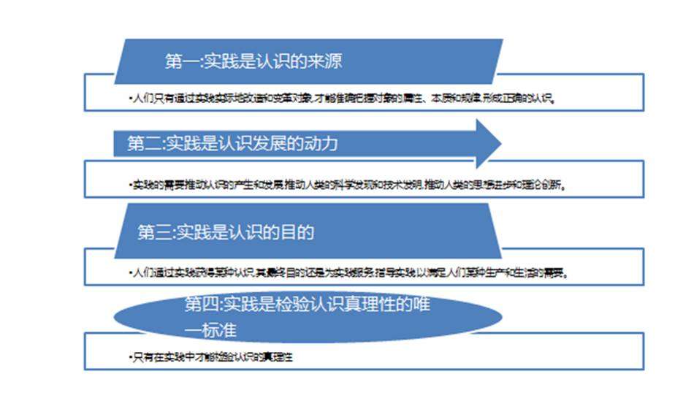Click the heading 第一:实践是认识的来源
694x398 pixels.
point(253,61)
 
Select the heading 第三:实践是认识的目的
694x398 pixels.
point(226,233)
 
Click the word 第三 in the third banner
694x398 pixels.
point(154,233)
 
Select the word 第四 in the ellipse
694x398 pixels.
point(199,305)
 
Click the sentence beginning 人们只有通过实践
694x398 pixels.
point(344,97)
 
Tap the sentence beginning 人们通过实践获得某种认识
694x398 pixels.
point(348,273)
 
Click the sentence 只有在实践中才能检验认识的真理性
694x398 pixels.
point(215,357)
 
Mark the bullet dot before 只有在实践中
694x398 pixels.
point(127,358)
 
